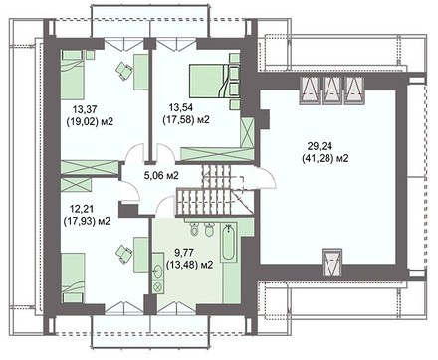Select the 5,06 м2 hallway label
161,175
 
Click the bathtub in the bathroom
228,243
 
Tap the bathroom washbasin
158,272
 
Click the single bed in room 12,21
73,277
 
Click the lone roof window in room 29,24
332,262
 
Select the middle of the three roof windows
331,90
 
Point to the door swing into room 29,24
266,178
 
